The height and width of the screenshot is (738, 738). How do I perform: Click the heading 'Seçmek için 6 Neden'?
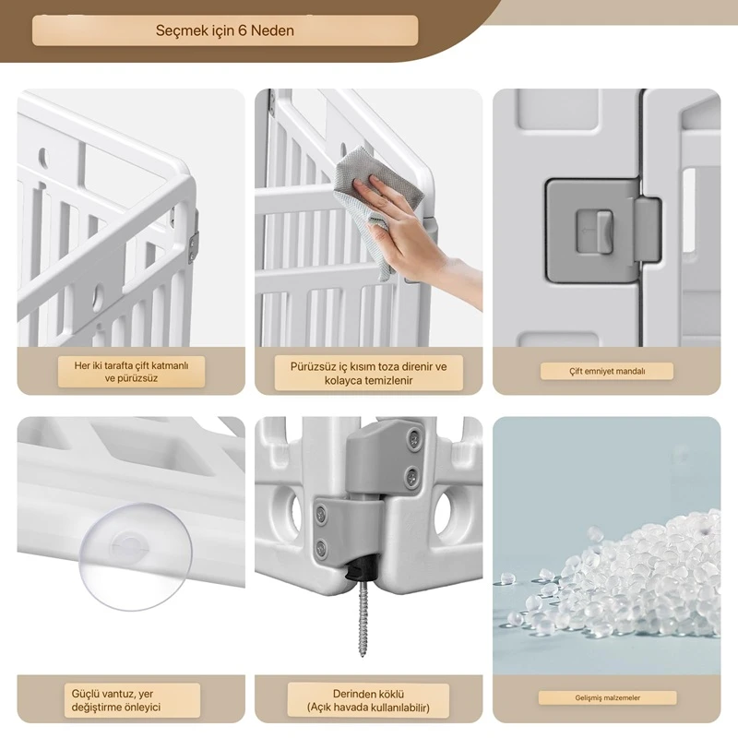click(224, 30)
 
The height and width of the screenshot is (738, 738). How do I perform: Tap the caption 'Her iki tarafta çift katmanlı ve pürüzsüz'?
click(131, 372)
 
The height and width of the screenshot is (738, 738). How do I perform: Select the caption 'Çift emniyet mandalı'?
click(607, 372)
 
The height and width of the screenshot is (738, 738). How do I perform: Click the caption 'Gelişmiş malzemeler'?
click(607, 697)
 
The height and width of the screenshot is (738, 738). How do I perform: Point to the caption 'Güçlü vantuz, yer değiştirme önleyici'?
click(116, 700)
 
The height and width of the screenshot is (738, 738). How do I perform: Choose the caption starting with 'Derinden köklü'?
click(368, 700)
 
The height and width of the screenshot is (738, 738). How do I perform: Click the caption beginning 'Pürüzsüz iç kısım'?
click(368, 374)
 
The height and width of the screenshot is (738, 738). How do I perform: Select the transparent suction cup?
click(136, 556)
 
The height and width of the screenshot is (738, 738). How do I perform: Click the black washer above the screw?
click(362, 571)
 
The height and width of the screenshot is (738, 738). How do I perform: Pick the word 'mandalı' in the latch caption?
click(630, 372)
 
